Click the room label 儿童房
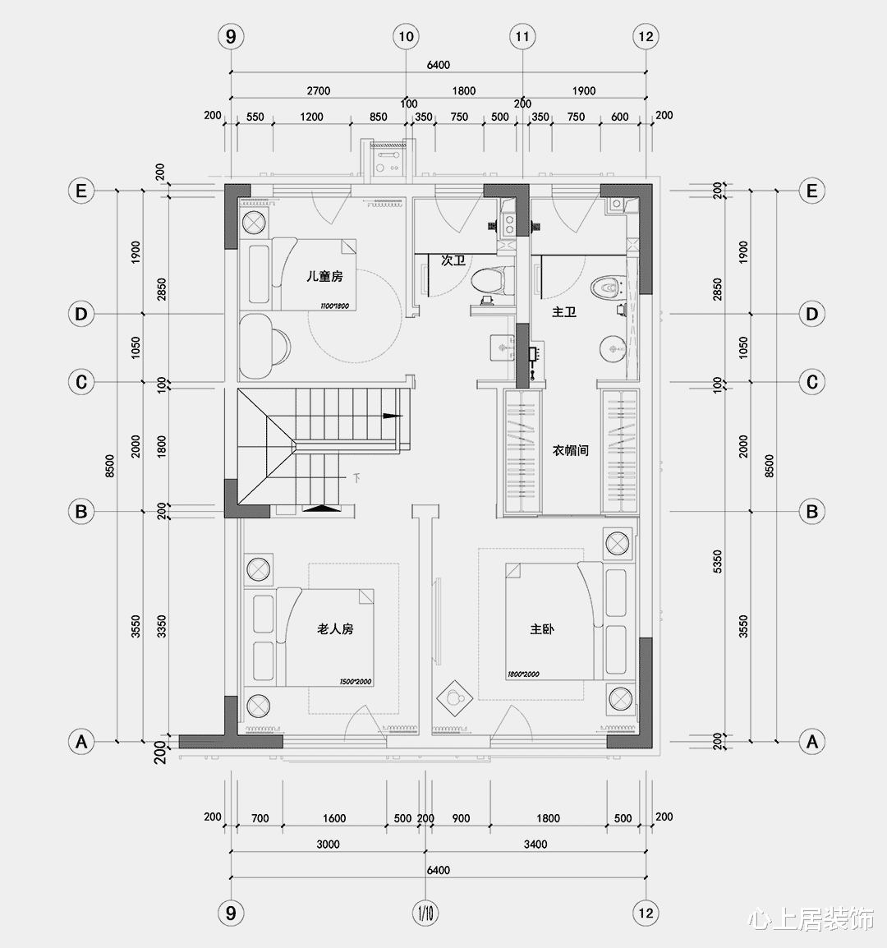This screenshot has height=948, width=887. point(324,277)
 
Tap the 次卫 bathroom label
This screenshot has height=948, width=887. point(453,260)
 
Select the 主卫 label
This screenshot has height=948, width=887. point(564,313)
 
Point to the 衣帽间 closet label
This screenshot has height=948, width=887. point(570,450)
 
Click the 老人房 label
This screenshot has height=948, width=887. point(335,628)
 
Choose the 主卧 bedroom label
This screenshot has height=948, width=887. point(542,629)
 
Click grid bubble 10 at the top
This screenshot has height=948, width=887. point(406,36)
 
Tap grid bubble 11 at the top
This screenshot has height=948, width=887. point(522,36)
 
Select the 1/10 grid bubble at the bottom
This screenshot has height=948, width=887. point(425,912)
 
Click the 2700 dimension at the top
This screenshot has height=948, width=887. point(318,91)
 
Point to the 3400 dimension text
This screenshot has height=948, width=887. point(535,844)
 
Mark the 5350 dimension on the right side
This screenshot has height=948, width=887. point(718,562)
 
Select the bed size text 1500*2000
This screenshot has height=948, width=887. point(356,682)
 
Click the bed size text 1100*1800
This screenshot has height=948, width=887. point(334,306)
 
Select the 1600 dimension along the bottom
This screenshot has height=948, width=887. point(334,818)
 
